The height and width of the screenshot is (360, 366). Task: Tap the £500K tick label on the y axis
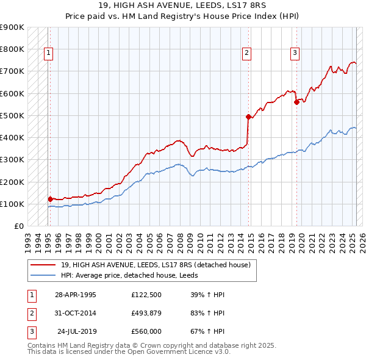[x=12, y=115]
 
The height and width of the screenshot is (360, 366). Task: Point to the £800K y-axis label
[x=12, y=49]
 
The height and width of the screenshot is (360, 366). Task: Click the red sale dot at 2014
[x=248, y=117]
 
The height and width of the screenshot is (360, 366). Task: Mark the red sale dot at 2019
[x=296, y=102]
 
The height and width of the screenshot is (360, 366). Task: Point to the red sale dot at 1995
[x=50, y=199]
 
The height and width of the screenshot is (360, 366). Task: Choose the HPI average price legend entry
[x=133, y=276]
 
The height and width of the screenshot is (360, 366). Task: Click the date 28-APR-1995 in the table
[x=76, y=295]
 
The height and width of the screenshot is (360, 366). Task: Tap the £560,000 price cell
[x=146, y=331]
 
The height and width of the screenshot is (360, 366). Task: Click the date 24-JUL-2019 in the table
[x=77, y=331]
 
